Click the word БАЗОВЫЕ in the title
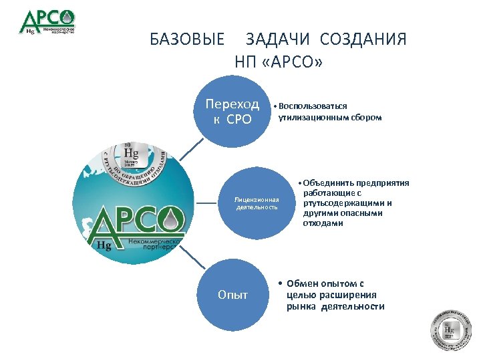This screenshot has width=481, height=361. [188, 39]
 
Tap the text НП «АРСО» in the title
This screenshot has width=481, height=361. [279, 62]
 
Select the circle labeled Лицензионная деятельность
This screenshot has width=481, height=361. [257, 203]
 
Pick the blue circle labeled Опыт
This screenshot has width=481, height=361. [232, 295]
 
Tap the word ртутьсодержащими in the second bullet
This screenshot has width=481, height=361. [347, 203]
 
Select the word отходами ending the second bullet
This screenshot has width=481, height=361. [323, 223]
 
